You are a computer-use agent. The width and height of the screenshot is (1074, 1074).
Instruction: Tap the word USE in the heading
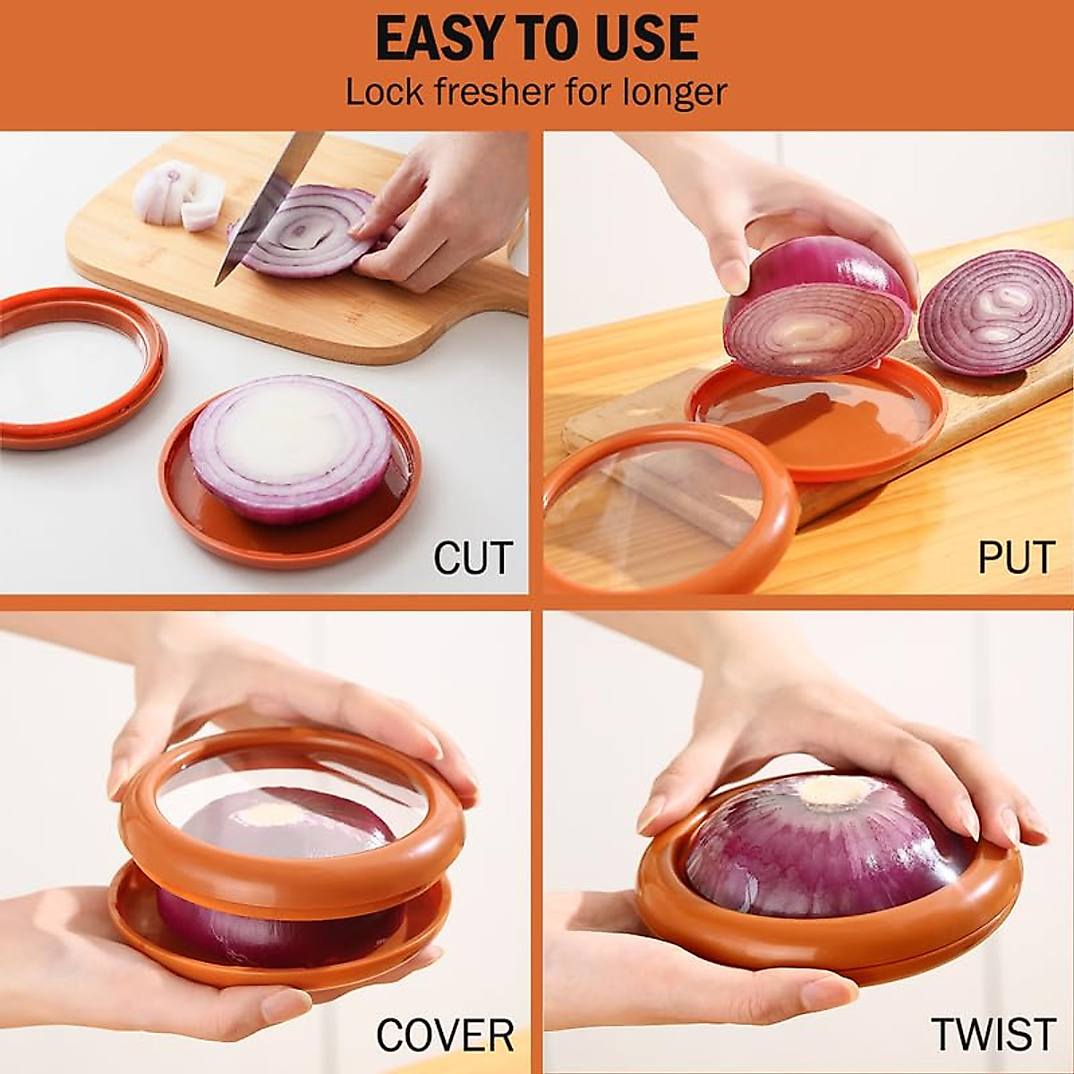643,38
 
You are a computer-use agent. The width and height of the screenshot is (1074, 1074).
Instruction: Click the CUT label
473,558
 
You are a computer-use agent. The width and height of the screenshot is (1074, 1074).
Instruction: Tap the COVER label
445,1036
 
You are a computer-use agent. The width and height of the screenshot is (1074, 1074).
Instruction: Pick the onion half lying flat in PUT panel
995,311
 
